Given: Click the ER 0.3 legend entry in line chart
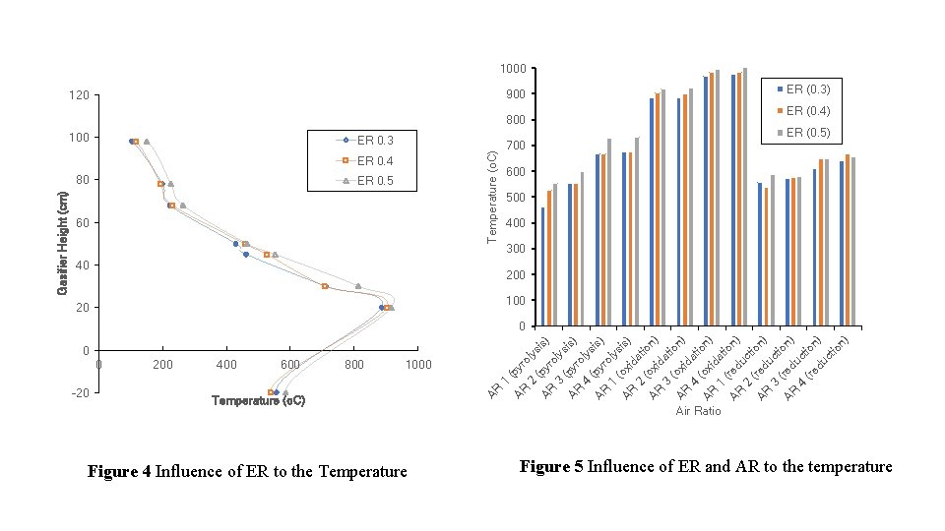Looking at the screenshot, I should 373,140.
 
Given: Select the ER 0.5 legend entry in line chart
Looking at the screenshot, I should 373,181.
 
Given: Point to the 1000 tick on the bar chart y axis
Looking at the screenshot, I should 512,68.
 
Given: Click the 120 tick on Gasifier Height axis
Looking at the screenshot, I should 80,95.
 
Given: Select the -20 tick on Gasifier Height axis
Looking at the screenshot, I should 79,392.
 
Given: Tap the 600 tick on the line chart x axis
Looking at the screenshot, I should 290,365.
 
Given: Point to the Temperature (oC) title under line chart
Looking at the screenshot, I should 258,401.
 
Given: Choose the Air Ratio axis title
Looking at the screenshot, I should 698,411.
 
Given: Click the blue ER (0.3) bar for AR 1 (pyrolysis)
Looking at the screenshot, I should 543,266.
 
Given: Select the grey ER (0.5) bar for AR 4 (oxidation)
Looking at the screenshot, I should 745,197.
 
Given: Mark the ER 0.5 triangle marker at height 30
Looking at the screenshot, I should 358,286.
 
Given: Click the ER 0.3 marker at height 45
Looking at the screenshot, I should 246,255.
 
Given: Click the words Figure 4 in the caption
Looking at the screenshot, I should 118,472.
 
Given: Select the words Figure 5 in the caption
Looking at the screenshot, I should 551,466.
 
